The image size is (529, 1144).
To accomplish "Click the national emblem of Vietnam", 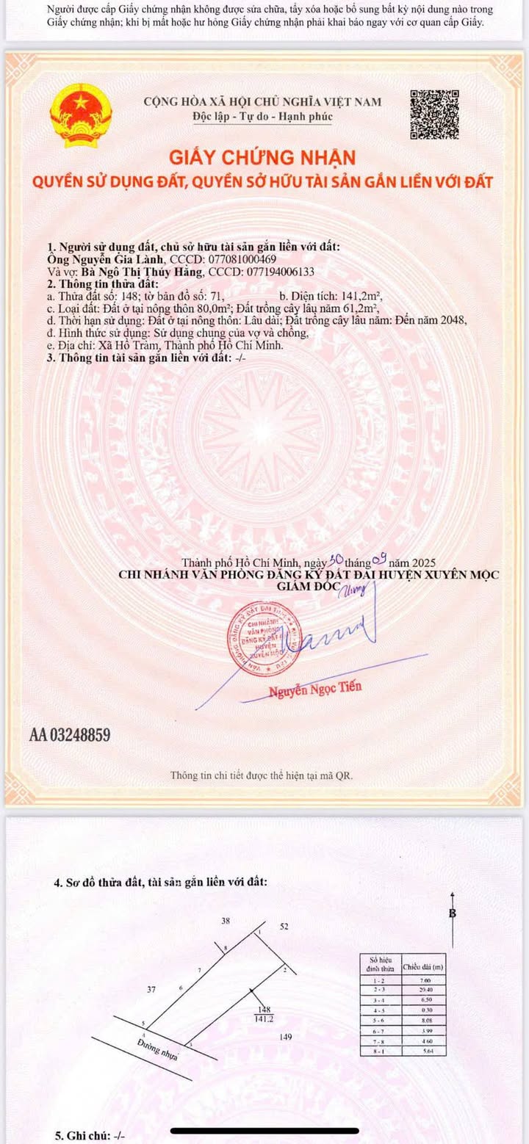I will [x=81, y=115].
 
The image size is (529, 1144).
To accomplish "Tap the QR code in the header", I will [x=434, y=114].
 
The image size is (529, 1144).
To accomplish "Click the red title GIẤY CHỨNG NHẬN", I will [x=262, y=157].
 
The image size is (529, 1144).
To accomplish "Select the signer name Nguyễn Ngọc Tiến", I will [x=314, y=689].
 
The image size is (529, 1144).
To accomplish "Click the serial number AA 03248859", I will [x=70, y=734].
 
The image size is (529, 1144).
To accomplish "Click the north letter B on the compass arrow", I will [x=453, y=914].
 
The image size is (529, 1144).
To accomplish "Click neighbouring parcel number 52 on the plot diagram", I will [x=284, y=927].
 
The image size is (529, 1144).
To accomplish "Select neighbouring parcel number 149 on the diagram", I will [x=287, y=1037].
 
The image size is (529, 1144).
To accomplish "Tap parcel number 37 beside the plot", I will [x=151, y=989].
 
